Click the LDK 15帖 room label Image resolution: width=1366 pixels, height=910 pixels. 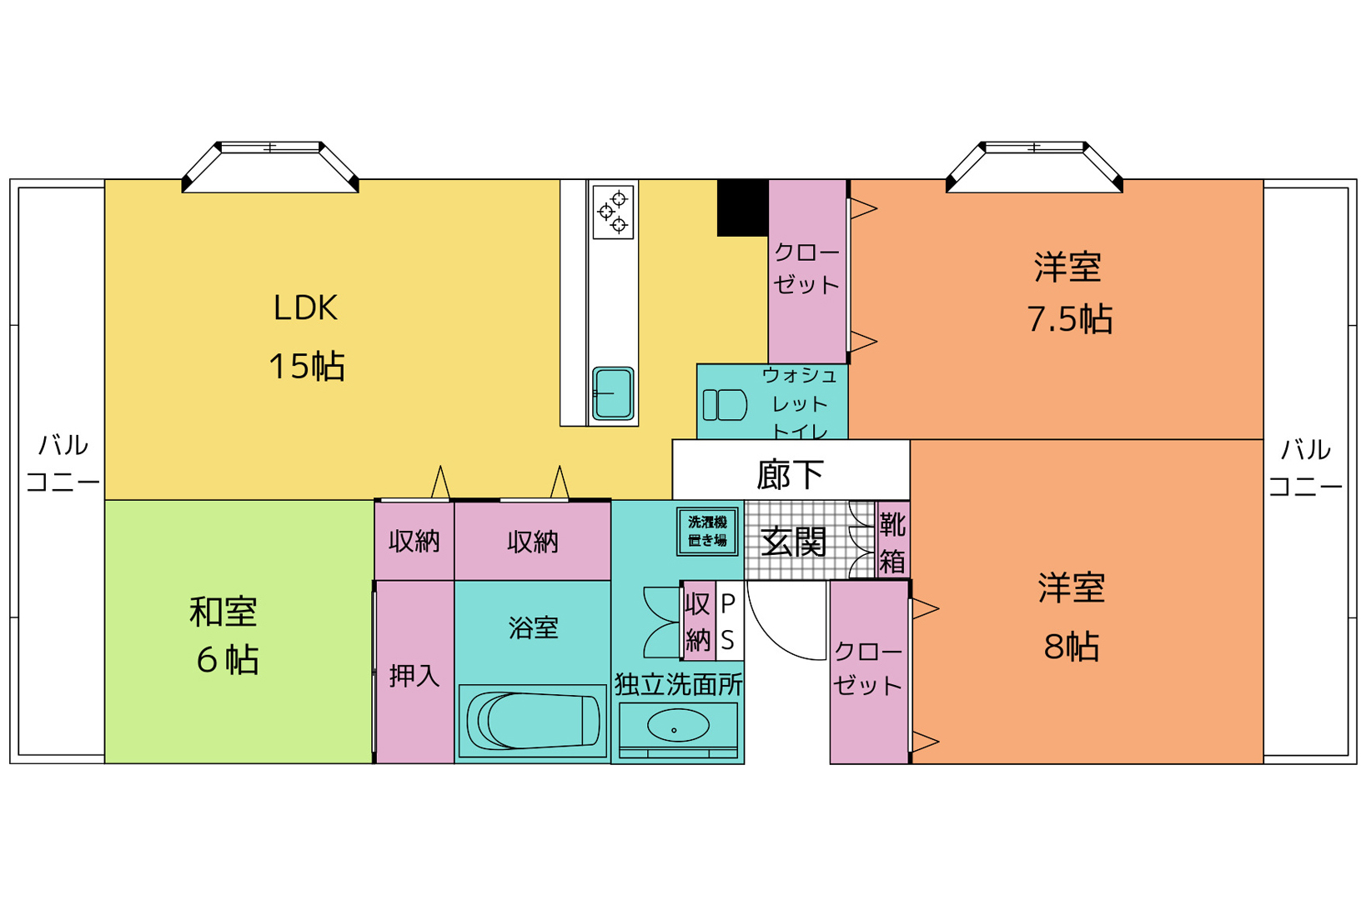click(307, 337)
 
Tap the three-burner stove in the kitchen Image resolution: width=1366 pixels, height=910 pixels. click(613, 212)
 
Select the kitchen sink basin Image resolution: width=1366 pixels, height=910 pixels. click(613, 393)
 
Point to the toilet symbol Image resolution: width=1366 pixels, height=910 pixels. click(725, 405)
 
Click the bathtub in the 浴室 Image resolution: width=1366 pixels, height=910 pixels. click(533, 721)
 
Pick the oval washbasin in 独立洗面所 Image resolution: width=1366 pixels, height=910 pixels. click(678, 726)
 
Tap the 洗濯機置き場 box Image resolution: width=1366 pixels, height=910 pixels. click(707, 532)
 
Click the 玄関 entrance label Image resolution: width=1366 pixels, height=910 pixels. click(793, 541)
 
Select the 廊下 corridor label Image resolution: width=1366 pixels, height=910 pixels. click(791, 474)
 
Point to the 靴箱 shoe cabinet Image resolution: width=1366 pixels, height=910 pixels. click(892, 540)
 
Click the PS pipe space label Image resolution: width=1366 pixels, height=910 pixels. click(728, 622)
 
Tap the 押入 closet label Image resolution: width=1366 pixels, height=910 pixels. click(414, 676)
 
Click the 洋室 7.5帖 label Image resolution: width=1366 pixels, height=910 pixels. click(1070, 292)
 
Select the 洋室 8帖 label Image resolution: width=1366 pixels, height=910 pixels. click(1072, 617)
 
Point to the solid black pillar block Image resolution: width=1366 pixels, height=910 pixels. click(742, 207)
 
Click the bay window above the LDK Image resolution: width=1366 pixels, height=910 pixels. click(270, 167)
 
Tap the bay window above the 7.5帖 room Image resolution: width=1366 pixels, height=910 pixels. click(1034, 167)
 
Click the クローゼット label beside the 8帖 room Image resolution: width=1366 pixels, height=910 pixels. click(868, 668)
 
